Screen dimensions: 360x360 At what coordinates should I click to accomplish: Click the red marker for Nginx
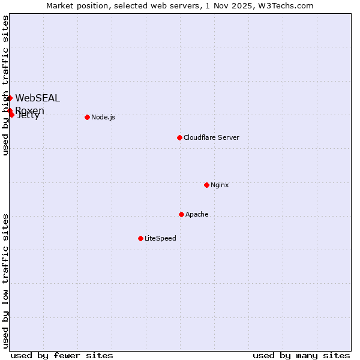coord(206,185)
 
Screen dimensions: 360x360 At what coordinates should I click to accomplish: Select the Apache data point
coord(181,214)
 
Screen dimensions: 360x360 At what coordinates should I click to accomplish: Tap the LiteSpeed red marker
coord(140,238)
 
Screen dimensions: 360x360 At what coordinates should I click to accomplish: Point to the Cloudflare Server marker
coord(179,137)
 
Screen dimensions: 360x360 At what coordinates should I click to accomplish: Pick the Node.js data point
coord(87,117)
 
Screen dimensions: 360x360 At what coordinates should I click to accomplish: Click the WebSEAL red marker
coord(10,98)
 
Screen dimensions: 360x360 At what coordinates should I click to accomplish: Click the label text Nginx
coord(220,185)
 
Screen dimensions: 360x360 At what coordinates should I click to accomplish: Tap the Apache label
coord(197,214)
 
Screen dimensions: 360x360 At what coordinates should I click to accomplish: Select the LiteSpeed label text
coord(160,238)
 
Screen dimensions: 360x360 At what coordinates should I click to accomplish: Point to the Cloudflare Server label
coord(211,137)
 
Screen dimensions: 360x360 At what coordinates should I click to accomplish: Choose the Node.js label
coord(103,117)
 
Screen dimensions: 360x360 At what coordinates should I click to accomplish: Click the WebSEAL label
coord(37,98)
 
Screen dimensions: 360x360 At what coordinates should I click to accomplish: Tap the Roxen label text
coord(30,110)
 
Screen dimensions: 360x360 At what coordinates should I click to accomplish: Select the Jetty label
coord(28,116)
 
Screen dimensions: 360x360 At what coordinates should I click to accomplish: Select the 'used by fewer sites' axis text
coord(62,355)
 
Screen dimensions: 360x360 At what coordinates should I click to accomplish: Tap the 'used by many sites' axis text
coord(301,355)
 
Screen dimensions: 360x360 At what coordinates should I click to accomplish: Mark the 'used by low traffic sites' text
coord(5,281)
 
